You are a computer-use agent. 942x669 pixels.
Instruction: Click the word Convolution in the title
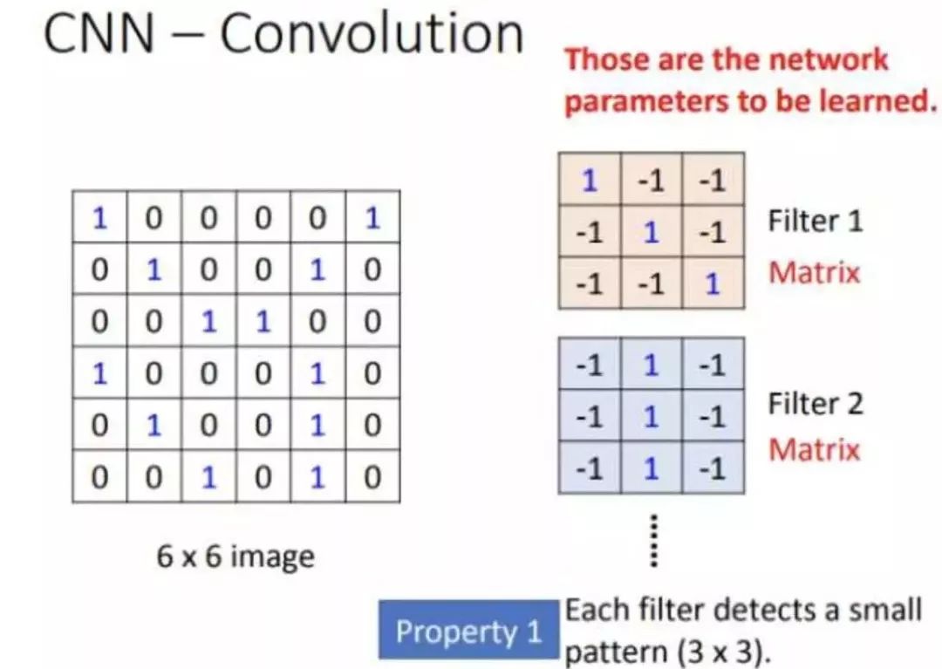click(x=371, y=34)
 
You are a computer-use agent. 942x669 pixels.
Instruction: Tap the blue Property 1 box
click(x=468, y=631)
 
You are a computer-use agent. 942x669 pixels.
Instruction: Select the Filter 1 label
click(x=815, y=221)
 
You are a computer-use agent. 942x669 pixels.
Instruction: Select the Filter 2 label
click(x=815, y=404)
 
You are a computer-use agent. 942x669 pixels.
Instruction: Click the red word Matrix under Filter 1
click(x=814, y=272)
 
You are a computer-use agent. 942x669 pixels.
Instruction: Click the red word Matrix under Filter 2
click(x=814, y=450)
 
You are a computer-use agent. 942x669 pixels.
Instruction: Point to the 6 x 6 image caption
click(x=235, y=555)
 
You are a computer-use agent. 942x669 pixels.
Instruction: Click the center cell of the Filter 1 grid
click(x=651, y=232)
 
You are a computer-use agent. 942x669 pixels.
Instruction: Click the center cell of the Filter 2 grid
click(x=651, y=416)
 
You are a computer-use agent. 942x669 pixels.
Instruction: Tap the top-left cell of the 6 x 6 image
click(x=99, y=217)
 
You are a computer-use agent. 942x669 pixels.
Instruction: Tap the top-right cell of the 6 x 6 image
click(x=372, y=217)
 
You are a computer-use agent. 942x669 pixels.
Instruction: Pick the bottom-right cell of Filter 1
click(x=713, y=283)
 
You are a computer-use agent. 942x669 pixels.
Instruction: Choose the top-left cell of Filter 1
click(x=590, y=181)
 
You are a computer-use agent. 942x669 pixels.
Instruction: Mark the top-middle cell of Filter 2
click(x=651, y=365)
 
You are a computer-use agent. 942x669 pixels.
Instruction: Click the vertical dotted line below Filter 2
click(x=652, y=540)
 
